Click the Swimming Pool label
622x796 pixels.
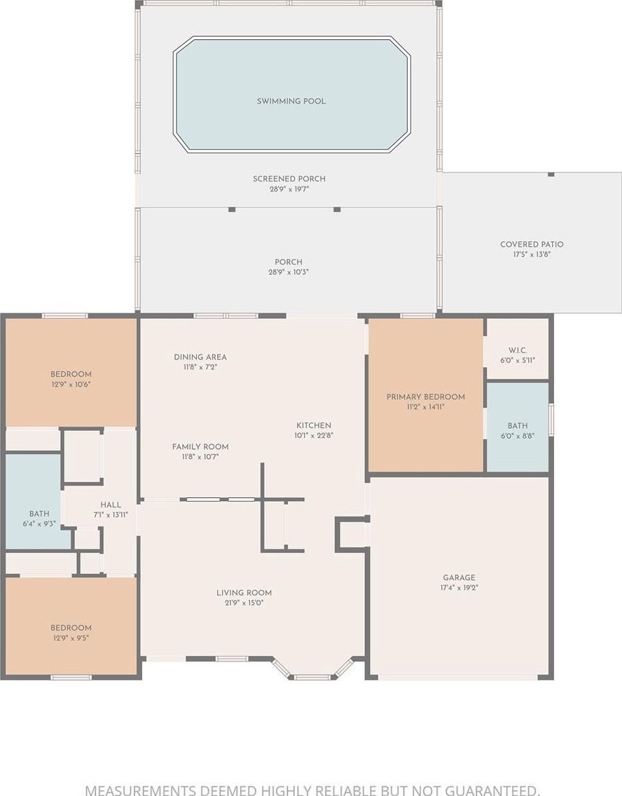coord(291,101)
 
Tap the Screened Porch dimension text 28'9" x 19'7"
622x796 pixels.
coord(289,189)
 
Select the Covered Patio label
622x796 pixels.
coord(532,244)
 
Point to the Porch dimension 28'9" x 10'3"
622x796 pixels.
coord(289,272)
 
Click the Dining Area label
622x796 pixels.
coord(200,357)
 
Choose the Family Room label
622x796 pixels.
coord(200,447)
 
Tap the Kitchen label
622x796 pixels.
coord(314,425)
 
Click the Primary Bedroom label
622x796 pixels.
coord(426,397)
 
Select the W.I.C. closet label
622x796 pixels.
coord(518,350)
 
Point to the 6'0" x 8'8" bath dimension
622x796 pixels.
coord(518,436)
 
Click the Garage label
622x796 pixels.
coord(459,577)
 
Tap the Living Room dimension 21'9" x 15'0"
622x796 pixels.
coord(244,603)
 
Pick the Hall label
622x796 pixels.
coord(111,505)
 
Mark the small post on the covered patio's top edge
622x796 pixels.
coord(551,174)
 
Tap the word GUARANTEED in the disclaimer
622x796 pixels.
coord(492,790)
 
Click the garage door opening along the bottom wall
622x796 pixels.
coord(458,677)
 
